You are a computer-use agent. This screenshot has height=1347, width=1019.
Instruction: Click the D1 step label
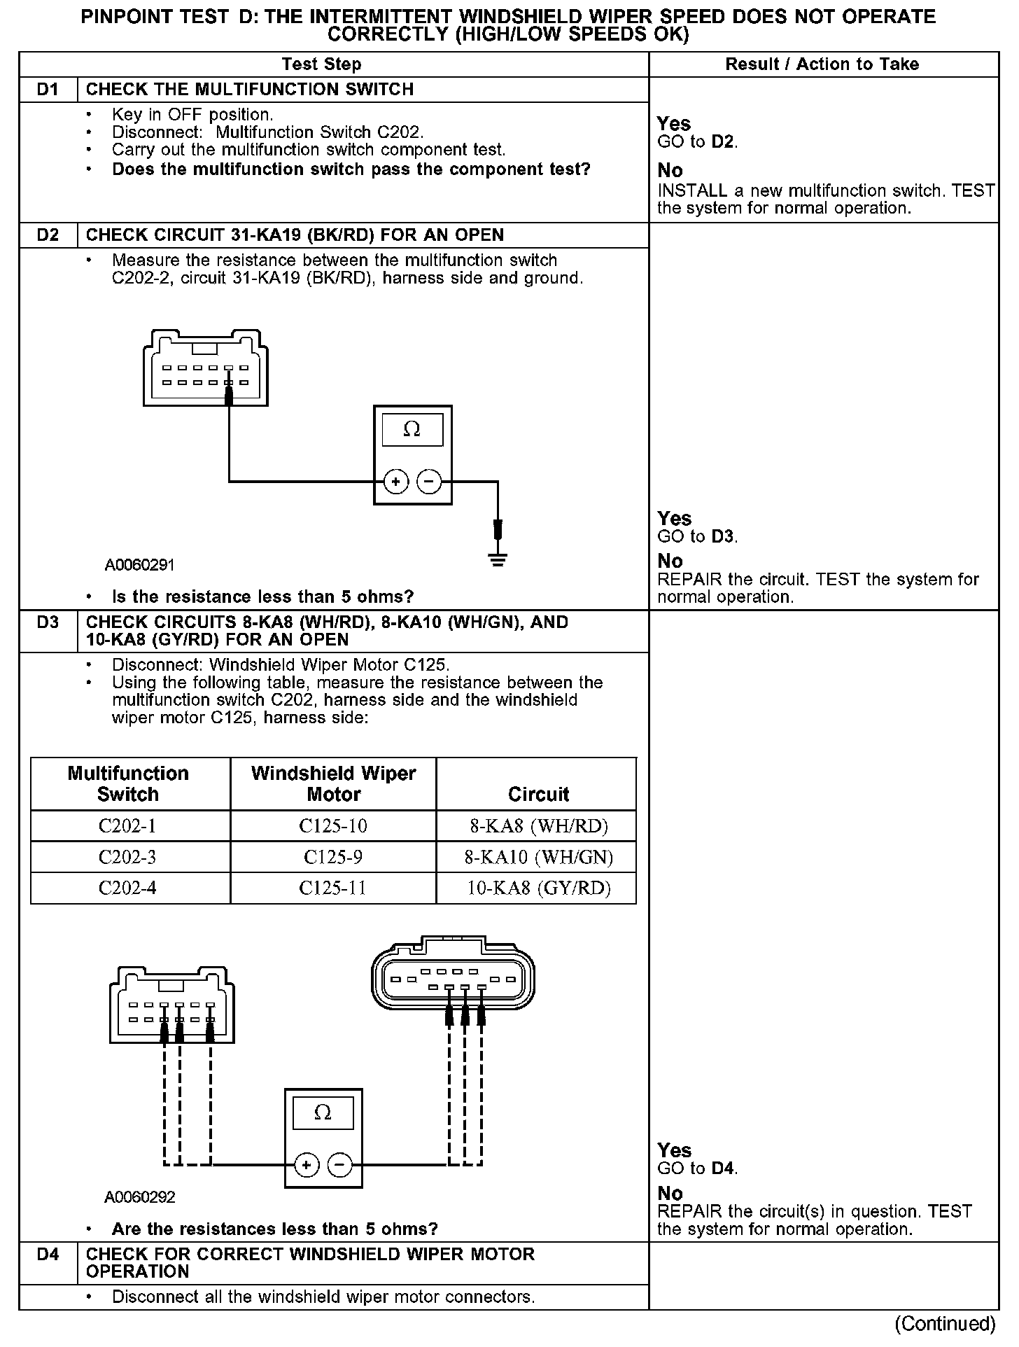coord(48,90)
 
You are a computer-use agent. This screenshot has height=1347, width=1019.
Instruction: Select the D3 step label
coord(48,622)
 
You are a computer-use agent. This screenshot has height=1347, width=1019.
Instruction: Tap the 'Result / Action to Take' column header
coord(822,64)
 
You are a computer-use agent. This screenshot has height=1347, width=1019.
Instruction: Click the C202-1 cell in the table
coord(127,826)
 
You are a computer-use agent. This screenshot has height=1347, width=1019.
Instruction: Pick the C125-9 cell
coord(333,857)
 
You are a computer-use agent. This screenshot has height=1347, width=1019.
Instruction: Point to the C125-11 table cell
coord(333,888)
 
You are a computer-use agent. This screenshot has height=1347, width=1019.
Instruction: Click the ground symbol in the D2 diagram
coord(498,559)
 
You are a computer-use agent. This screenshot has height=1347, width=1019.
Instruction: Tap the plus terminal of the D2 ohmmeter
coord(396,482)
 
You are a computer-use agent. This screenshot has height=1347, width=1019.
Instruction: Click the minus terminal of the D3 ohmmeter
coord(340,1165)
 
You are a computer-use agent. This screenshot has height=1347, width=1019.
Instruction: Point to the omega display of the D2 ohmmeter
coord(412,430)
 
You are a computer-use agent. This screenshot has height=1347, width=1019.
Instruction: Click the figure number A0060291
coord(139,565)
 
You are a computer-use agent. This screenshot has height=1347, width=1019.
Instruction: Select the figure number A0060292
coord(139,1197)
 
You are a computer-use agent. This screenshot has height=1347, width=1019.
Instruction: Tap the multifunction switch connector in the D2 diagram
coord(205,368)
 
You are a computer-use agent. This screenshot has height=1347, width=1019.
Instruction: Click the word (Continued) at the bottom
coord(944,1324)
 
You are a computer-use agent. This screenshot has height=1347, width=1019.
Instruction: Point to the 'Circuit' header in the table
coord(538,795)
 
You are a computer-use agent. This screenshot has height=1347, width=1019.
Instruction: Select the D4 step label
coord(48,1255)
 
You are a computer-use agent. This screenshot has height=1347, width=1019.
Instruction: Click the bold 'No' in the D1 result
coord(670,171)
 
